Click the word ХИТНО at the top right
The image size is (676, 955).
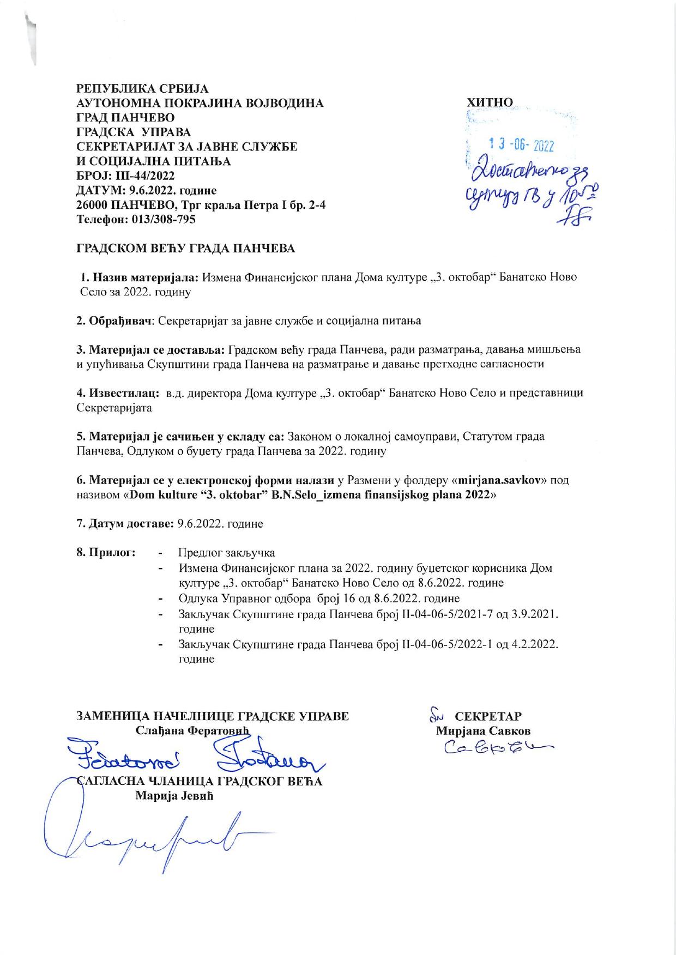[x=490, y=102]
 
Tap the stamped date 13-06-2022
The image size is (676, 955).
[x=521, y=145]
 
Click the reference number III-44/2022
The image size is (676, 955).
[x=140, y=176]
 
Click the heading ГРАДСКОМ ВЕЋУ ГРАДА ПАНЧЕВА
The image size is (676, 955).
[x=185, y=249]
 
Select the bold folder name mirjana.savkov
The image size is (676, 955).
[x=502, y=480]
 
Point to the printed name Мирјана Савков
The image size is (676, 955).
[x=483, y=731]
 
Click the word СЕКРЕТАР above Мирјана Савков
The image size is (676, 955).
[x=488, y=716]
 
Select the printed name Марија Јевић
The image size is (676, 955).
[x=174, y=796]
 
